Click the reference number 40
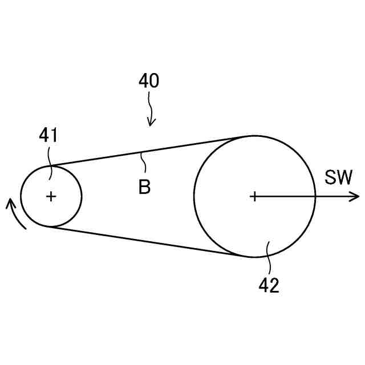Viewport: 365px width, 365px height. point(149,81)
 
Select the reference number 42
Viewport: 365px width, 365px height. point(269,285)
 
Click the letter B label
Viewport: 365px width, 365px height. point(145,188)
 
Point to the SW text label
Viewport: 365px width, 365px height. point(339,178)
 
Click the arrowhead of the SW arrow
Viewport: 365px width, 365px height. point(355,196)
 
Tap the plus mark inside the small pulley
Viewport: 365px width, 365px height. point(51,196)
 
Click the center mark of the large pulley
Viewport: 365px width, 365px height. point(254,196)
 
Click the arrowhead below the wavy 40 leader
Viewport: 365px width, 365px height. point(152,121)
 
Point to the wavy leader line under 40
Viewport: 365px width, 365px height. point(151,106)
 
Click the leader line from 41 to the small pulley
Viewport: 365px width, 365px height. point(51,157)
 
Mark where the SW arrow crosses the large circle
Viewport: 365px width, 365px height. point(315,196)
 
